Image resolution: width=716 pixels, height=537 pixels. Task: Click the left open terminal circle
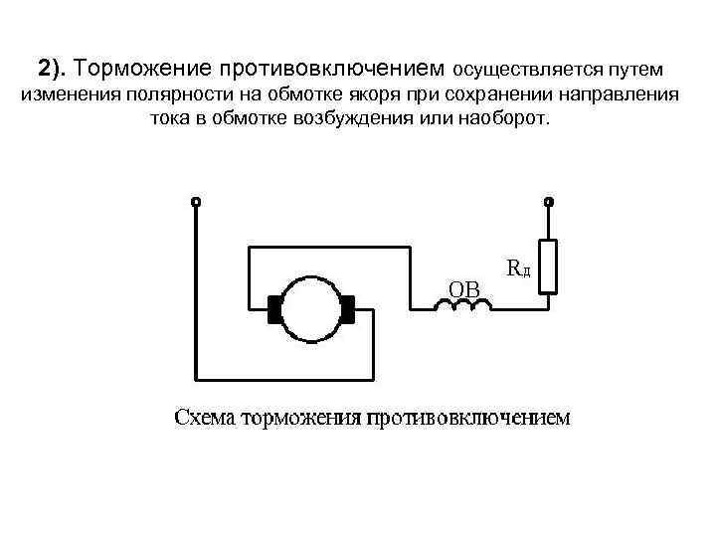pos(196,202)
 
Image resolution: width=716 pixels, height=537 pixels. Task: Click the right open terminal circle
pos(547,202)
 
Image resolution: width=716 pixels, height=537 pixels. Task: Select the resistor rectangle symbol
pos(547,267)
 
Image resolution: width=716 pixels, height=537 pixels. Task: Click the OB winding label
pos(463,288)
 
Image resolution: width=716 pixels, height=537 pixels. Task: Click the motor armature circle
pos(311,309)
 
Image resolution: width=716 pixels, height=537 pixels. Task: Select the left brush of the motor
pos(273,309)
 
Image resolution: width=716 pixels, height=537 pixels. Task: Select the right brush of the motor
pos(348,309)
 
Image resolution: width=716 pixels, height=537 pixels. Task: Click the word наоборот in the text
pos(504,118)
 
